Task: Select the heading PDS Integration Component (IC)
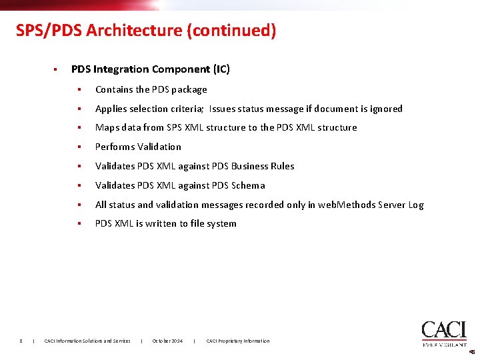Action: coord(150,69)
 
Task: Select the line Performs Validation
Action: coord(138,147)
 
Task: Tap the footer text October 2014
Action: coord(167,341)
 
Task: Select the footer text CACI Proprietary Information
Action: coord(238,341)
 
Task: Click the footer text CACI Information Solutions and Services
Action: coord(87,341)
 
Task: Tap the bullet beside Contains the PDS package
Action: coord(78,89)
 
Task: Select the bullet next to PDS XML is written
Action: coord(78,223)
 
